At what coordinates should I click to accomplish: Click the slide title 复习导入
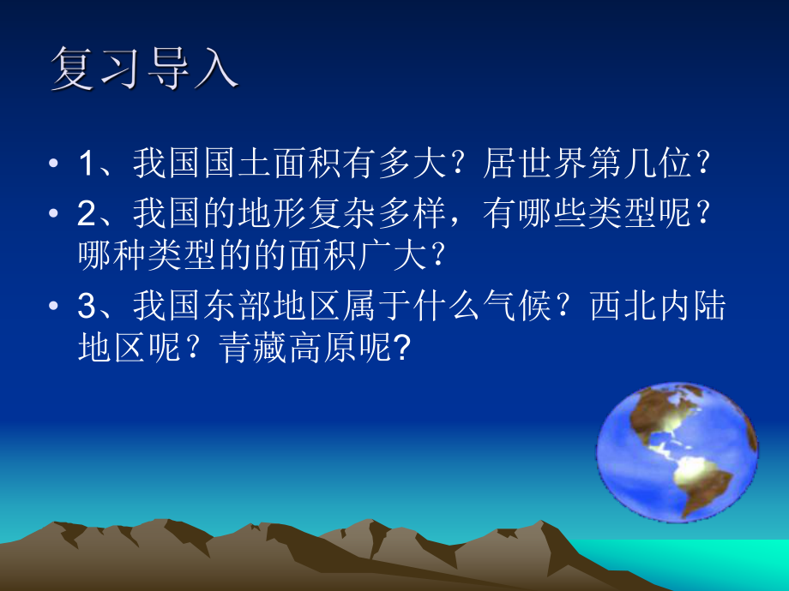[143, 68]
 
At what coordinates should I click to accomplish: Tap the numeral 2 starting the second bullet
[87, 214]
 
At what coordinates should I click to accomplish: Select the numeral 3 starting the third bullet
[87, 307]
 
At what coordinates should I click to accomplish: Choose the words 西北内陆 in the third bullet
[657, 307]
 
